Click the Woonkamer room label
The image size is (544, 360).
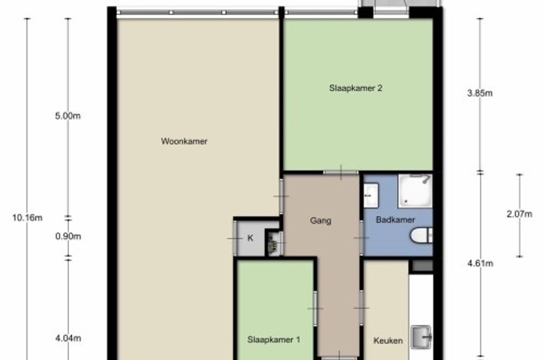184,141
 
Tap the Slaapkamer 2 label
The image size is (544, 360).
356,88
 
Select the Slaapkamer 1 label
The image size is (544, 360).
274,339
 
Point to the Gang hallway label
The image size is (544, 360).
321,221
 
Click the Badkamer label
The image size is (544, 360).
395,220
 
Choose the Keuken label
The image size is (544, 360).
388,340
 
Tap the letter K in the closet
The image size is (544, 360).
250,238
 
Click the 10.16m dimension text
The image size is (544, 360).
28,218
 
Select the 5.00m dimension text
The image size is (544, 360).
68,116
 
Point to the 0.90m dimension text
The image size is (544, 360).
68,236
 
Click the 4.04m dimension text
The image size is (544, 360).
68,338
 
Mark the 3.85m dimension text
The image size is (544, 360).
480,93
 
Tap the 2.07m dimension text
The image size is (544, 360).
519,214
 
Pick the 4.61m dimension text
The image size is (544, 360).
480,263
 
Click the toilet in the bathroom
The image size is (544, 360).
421,235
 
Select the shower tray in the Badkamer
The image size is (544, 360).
415,191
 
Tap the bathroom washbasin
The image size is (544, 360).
371,195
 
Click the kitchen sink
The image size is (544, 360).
421,337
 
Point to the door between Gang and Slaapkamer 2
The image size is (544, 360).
341,172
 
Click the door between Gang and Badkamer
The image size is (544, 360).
362,238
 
